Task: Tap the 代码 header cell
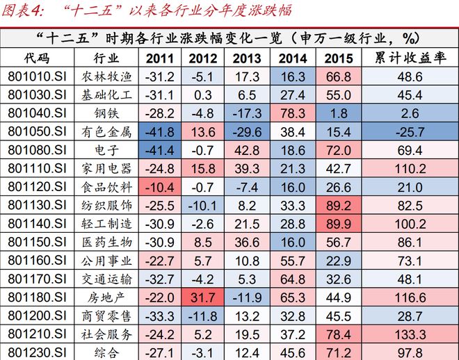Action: (x=35, y=58)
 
